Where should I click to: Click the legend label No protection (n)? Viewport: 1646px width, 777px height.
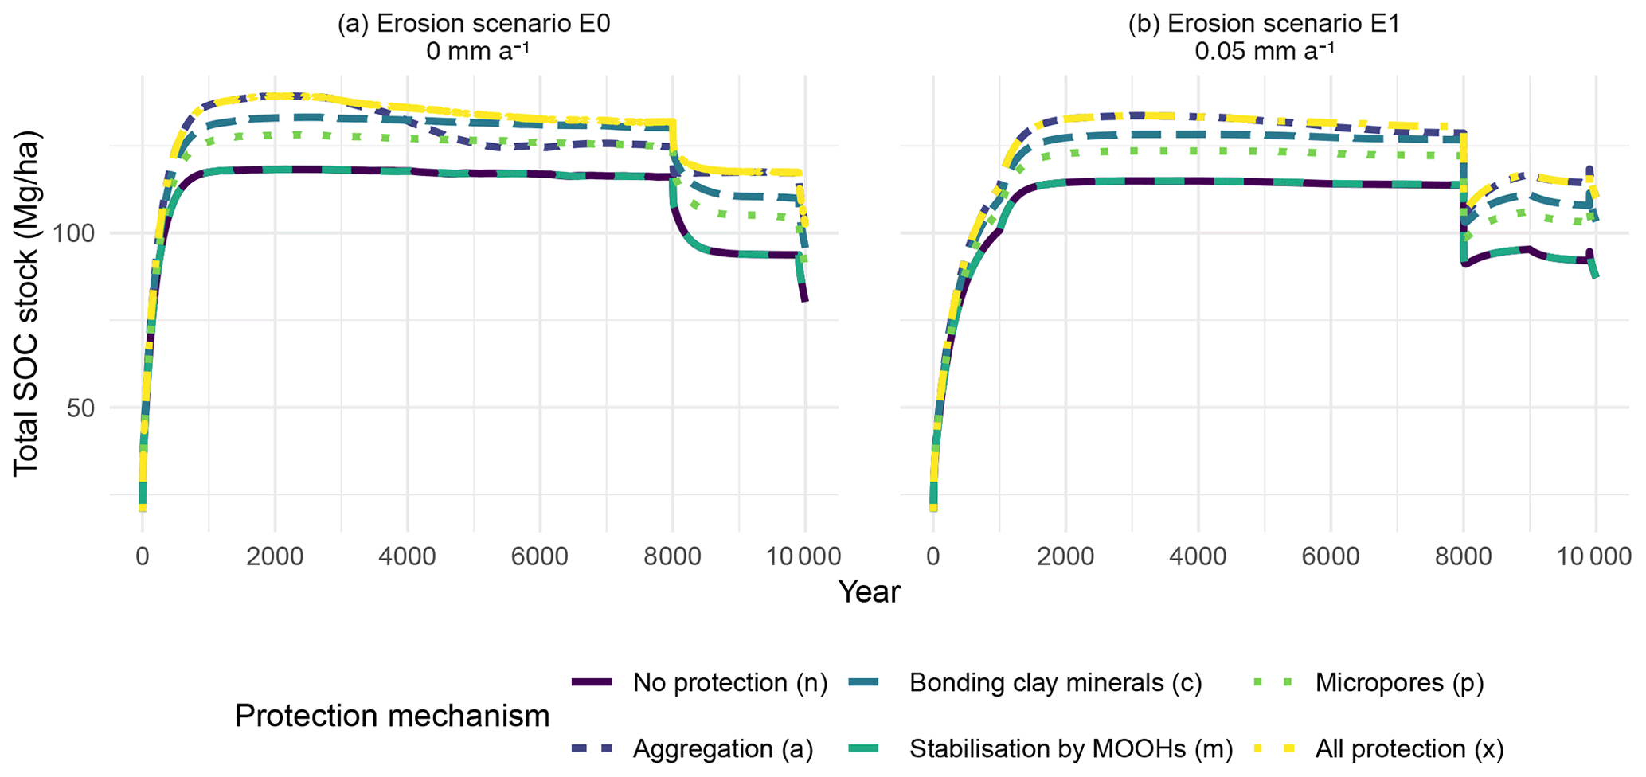(x=730, y=683)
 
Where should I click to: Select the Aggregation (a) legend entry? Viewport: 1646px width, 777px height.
(x=722, y=749)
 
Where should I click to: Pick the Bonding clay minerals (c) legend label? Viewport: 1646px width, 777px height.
(x=1055, y=683)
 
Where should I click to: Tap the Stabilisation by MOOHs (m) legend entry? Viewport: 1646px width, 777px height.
(x=1070, y=749)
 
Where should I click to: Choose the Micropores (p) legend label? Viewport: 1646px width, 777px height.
(x=1399, y=683)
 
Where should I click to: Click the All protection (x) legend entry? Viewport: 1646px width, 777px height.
(x=1409, y=749)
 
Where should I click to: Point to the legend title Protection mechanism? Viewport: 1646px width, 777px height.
(x=392, y=716)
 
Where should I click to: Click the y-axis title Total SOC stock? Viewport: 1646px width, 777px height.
(x=26, y=303)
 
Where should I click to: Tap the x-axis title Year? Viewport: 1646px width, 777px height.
(x=869, y=592)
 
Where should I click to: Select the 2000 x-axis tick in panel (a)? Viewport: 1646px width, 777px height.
(x=275, y=556)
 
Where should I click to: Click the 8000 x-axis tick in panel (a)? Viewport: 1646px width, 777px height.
(x=672, y=556)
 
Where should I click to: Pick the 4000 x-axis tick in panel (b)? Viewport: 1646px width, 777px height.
(x=1198, y=556)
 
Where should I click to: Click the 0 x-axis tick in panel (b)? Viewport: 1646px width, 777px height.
(x=932, y=556)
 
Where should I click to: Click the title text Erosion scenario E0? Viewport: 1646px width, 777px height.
(x=474, y=24)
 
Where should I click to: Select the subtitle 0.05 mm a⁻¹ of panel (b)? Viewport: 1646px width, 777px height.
(x=1264, y=52)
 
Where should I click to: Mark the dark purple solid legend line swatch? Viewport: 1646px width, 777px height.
(x=592, y=683)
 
